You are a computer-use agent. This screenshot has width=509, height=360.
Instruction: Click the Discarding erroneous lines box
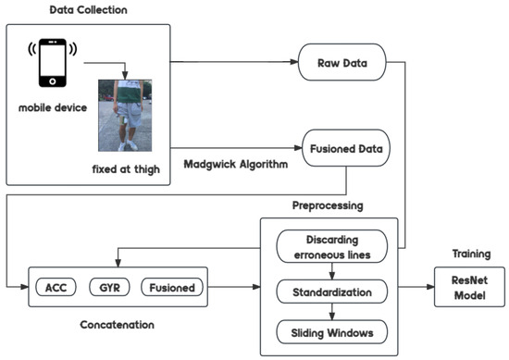330,250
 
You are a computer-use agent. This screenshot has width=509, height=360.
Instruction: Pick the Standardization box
330,293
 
